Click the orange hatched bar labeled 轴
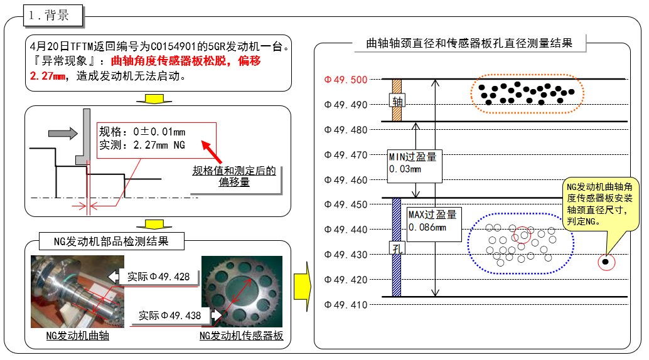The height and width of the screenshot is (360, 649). coord(396,100)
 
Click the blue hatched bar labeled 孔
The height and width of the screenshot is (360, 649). coord(396,248)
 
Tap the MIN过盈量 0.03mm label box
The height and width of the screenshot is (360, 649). coord(414,164)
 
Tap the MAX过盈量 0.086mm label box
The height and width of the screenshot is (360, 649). coord(433,221)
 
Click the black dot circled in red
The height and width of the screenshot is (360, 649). coord(606,262)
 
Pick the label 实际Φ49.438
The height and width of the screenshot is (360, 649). coord(169,315)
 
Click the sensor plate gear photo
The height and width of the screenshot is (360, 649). coord(242,292)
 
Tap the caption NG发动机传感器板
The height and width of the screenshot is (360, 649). coord(241,336)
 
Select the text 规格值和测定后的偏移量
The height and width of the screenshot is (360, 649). coord(233,176)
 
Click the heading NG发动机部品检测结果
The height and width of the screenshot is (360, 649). coord(102,241)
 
